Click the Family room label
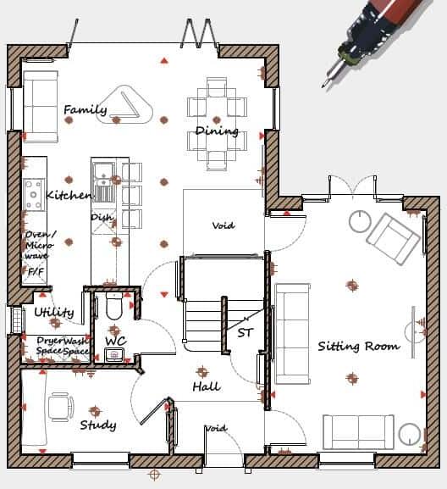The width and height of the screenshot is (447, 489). click(x=85, y=109)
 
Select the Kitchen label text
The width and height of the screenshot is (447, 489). click(x=69, y=195)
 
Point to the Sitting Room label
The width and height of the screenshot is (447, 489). click(x=358, y=346)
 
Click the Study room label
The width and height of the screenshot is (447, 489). click(x=97, y=425)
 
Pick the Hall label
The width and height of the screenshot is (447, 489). click(x=206, y=386)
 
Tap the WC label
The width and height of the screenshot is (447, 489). click(x=115, y=341)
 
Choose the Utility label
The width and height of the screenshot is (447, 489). click(x=54, y=312)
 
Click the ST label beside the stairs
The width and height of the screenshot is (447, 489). click(x=245, y=332)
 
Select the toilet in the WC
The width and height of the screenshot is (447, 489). click(x=115, y=308)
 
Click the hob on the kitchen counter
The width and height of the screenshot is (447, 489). click(x=34, y=194)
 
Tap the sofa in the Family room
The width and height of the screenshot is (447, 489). click(x=40, y=106)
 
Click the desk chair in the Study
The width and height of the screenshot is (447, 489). click(x=59, y=406)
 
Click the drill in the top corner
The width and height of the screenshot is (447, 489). click(x=378, y=35)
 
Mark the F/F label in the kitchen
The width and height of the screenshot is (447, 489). click(x=36, y=273)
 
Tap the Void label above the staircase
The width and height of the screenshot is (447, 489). click(x=223, y=225)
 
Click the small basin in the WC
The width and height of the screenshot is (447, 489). click(x=114, y=354)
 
